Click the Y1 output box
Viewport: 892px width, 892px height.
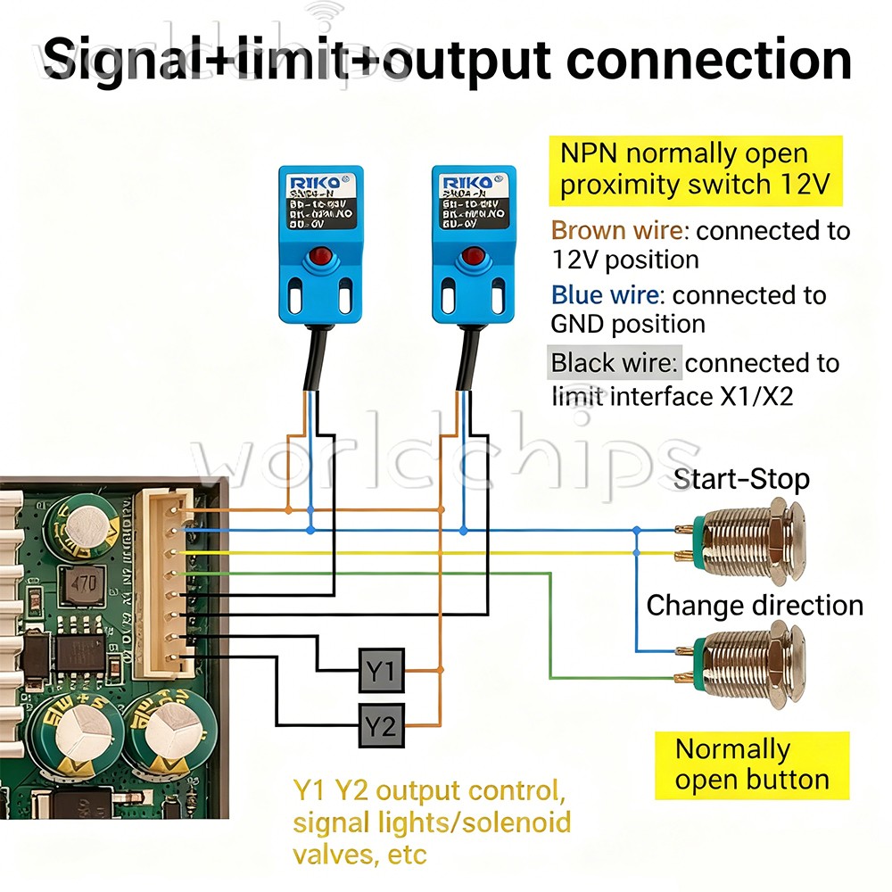[x=382, y=670]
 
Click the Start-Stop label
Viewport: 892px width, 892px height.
[x=741, y=479]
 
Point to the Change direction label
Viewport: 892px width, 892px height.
[x=754, y=606]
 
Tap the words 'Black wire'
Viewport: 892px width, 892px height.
[x=614, y=363]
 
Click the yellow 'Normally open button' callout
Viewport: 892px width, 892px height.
[x=752, y=764]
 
